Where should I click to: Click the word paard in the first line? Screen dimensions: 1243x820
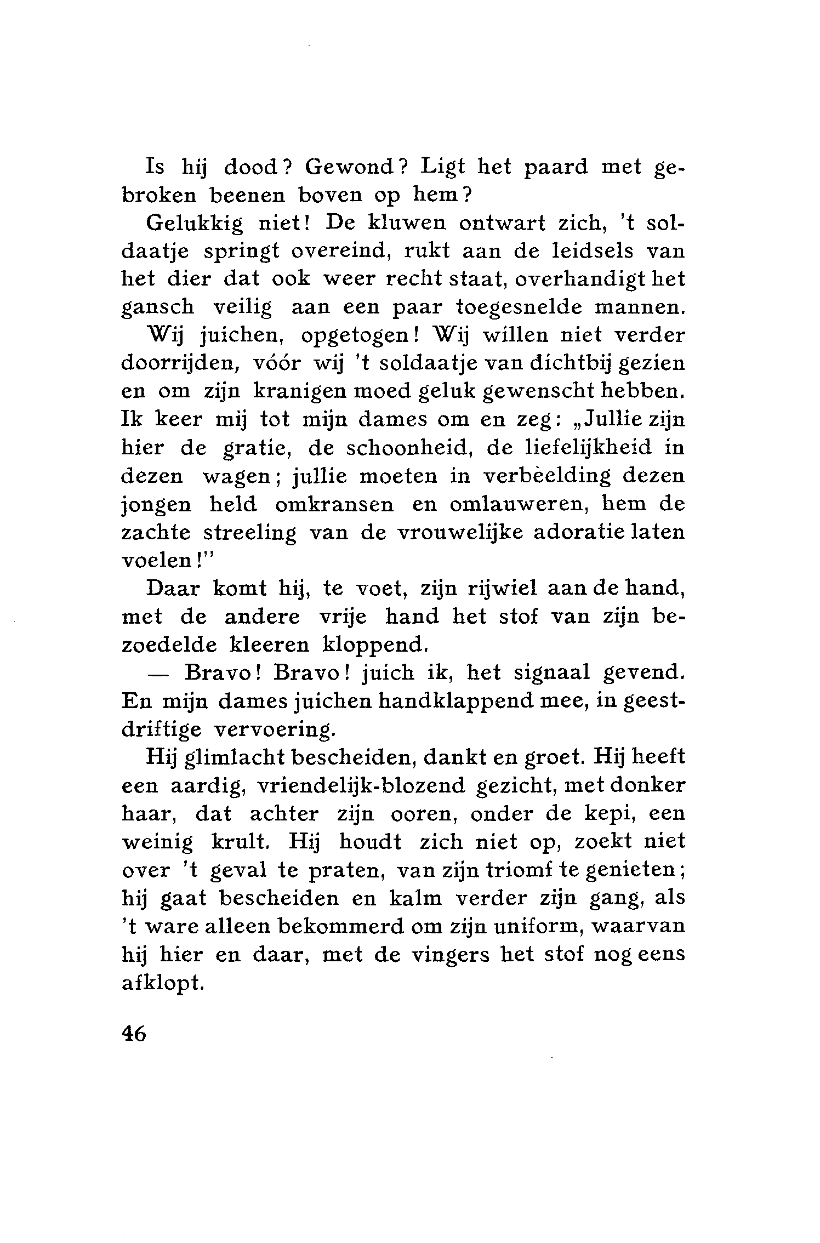tap(555, 167)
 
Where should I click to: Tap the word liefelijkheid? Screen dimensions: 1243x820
tap(589, 448)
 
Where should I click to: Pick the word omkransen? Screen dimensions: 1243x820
tap(334, 504)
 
